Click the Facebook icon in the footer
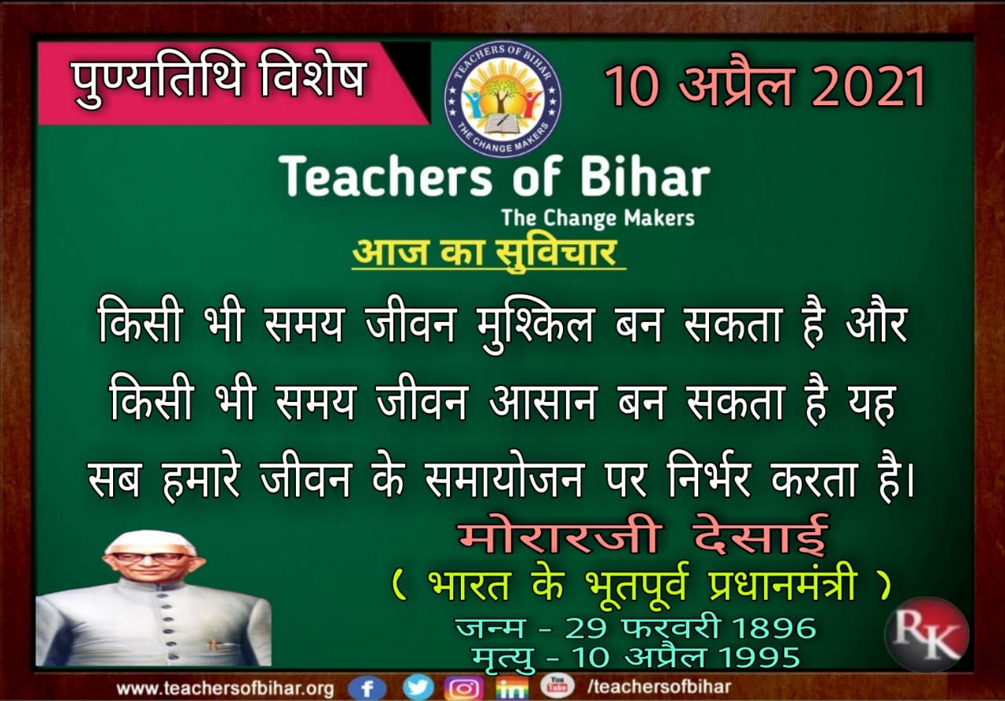pos(367,688)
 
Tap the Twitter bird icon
pos(418,687)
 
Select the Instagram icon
pos(463,688)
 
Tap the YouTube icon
pos(557,685)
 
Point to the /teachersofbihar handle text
pos(659,687)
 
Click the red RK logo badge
pos(927,634)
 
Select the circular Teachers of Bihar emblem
pos(502,100)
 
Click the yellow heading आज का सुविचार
pos(484,253)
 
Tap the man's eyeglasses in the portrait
pos(149,559)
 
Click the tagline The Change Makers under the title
pos(598,218)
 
